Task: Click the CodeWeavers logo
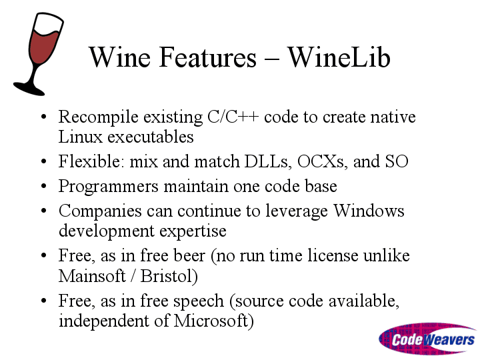(428, 339)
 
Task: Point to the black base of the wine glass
(29, 88)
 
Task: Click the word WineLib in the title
(339, 57)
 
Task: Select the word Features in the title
(207, 57)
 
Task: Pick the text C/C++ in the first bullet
(233, 117)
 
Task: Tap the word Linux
(80, 137)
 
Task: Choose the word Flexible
(91, 161)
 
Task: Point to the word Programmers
(109, 187)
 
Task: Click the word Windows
(369, 211)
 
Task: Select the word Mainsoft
(92, 276)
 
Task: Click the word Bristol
(169, 276)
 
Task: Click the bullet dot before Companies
(43, 211)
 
